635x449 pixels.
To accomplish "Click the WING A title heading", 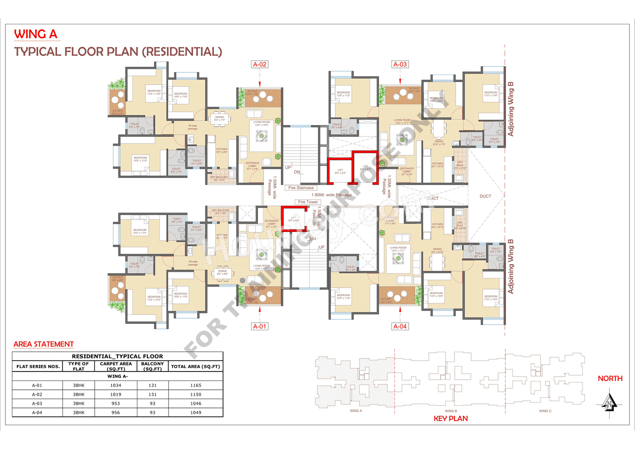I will [37, 34].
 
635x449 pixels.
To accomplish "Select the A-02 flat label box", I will [260, 64].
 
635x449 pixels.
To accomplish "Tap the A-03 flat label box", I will [400, 64].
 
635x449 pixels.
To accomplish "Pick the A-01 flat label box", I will [260, 326].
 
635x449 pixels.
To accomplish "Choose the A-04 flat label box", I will [400, 326].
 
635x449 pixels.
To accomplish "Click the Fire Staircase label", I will [301, 188].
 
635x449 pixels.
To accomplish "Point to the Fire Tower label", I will [308, 202].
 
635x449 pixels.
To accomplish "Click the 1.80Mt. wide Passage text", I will [331, 195].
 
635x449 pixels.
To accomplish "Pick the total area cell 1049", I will [195, 412].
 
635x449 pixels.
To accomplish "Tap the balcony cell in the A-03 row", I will [152, 403].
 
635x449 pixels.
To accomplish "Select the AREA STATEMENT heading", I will [44, 344].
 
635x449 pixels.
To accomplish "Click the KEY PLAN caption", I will [450, 419].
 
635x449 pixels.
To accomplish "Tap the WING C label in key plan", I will [544, 411].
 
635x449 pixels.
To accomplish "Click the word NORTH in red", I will [610, 378].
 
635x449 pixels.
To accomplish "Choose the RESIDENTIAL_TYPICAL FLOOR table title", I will [118, 356].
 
